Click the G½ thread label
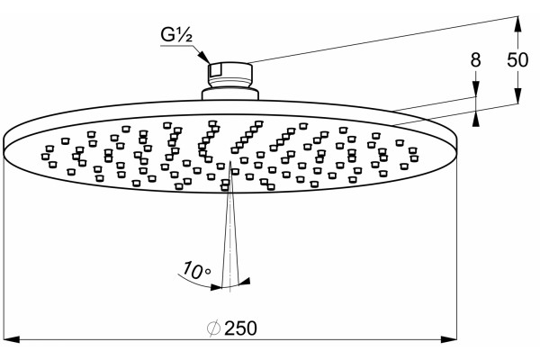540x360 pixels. tap(176, 35)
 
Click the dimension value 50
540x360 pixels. tap(517, 60)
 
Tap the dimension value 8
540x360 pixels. tap(475, 60)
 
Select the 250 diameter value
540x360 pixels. tap(240, 328)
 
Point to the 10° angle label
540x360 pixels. tap(196, 269)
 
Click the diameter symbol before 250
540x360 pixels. tap(213, 328)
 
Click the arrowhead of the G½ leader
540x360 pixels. tap(204, 58)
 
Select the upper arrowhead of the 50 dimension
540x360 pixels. tap(517, 24)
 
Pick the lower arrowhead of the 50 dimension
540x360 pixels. tap(517, 95)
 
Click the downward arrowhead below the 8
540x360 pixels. tap(475, 89)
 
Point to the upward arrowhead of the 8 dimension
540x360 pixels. tap(475, 118)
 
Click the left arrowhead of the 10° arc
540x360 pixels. tap(216, 286)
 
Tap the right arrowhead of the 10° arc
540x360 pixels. tap(245, 282)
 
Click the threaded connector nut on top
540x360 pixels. tap(230, 75)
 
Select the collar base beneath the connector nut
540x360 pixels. tap(230, 94)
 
